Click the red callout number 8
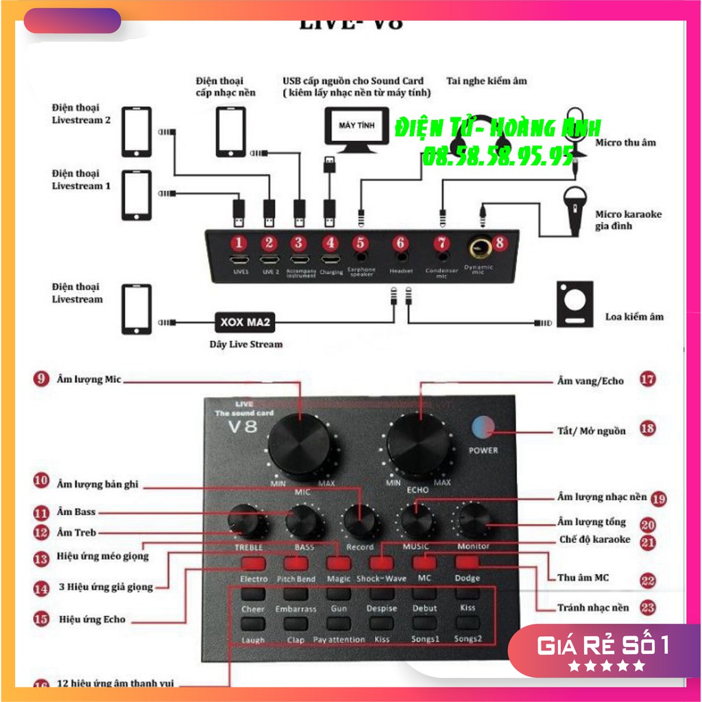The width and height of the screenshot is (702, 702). (499, 241)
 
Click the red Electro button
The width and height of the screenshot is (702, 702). (254, 564)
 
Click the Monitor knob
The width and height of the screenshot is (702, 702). (472, 520)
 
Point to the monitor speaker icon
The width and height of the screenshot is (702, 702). (574, 303)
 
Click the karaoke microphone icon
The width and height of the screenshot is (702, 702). (574, 206)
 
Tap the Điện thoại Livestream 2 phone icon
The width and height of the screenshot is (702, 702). (136, 132)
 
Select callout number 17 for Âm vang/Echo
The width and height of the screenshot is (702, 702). (647, 379)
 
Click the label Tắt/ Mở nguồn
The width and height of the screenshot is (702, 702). (591, 431)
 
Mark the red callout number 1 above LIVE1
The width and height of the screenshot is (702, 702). (239, 243)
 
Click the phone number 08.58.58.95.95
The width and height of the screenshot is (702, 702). (498, 156)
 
